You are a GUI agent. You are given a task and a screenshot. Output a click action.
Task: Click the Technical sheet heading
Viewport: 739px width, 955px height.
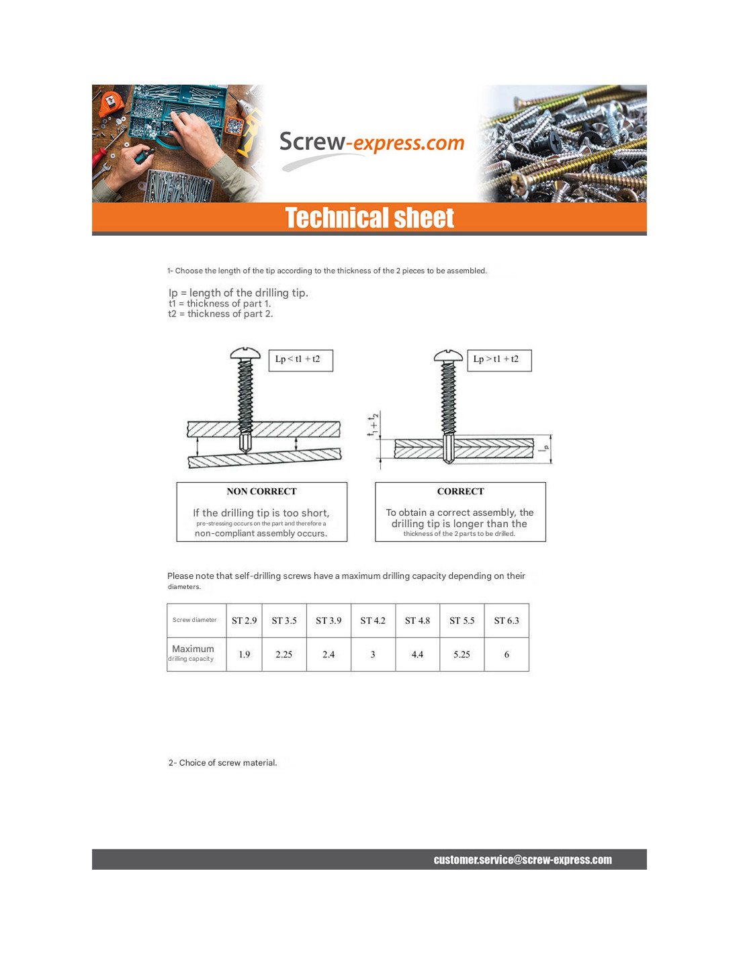point(369,218)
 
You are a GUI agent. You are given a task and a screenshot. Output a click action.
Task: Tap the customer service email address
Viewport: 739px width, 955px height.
point(523,860)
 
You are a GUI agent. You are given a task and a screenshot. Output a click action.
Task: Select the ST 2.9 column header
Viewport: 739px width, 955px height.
point(244,621)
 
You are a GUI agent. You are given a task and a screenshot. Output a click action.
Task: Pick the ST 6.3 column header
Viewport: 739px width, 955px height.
point(507,621)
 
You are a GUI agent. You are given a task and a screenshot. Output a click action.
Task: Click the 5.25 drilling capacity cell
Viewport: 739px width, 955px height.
point(462,654)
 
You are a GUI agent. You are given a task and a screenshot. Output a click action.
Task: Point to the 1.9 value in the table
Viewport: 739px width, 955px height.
point(244,654)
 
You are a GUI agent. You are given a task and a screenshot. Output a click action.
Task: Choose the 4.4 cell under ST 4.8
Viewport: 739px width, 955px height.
point(417,654)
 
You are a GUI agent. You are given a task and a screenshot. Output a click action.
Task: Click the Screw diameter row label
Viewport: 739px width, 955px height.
point(195,620)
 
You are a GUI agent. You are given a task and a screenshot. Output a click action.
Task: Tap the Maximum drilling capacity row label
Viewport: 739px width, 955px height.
point(193,653)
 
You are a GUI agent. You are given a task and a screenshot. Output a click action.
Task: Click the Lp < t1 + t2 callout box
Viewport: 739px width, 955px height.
point(300,359)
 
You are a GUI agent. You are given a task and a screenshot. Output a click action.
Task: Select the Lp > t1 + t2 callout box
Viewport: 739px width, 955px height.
point(499,359)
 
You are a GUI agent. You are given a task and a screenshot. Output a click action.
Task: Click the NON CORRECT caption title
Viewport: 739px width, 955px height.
point(261,492)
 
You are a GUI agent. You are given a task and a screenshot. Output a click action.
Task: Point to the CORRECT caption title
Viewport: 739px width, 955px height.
point(460,492)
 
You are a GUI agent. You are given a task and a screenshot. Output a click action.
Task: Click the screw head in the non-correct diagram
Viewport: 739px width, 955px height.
point(245,353)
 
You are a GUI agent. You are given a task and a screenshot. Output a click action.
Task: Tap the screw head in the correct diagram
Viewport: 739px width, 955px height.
point(448,355)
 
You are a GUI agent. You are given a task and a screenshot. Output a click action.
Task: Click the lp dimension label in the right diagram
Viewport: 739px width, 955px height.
point(546,447)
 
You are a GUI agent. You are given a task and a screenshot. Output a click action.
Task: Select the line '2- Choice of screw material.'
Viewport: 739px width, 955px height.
point(222,763)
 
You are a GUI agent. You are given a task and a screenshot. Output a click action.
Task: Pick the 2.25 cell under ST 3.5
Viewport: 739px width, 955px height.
point(284,654)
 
